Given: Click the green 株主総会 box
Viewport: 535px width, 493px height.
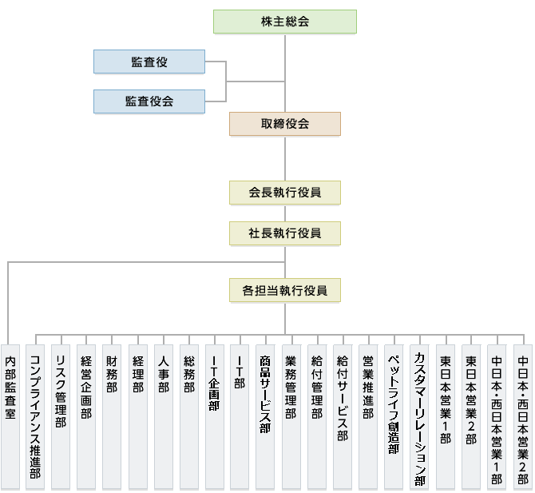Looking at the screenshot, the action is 285,22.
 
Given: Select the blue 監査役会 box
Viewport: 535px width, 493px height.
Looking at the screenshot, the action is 149,101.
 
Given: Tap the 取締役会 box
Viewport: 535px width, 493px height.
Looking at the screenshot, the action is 285,124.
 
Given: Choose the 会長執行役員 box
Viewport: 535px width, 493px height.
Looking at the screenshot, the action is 285,193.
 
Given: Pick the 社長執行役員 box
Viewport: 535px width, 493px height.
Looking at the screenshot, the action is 285,233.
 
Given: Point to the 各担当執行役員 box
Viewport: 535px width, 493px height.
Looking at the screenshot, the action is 285,290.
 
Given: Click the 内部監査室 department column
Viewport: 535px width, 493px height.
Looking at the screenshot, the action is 10,417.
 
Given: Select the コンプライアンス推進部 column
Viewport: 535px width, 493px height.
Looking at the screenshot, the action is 35,417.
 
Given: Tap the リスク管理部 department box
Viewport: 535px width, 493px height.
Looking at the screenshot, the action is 61,417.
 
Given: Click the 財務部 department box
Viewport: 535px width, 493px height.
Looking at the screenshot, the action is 112,417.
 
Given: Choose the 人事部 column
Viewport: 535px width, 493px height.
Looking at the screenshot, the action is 164,417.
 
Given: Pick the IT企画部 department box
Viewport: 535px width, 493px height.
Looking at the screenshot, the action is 215,417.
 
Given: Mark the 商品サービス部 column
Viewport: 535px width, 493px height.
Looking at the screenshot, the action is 265,417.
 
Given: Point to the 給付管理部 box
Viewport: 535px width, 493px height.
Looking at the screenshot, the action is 317,417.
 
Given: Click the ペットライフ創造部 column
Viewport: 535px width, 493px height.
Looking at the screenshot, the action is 394,417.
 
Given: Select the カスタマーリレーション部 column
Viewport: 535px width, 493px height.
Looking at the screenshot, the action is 419,417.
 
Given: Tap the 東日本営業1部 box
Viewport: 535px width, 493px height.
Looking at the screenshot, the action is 446,417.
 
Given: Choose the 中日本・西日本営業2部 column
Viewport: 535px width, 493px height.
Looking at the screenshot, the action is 523,417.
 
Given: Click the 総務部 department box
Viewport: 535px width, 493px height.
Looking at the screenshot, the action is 189,417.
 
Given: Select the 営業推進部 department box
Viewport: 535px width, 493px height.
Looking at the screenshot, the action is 368,417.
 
